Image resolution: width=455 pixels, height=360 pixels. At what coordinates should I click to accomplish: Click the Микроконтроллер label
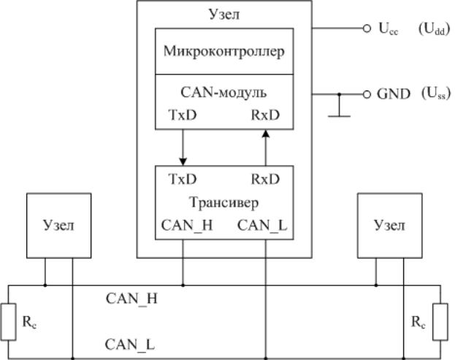click(x=223, y=53)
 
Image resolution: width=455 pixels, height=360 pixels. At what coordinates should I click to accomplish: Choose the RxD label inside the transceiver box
click(x=266, y=179)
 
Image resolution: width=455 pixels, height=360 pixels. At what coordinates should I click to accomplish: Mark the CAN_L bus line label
click(x=130, y=343)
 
